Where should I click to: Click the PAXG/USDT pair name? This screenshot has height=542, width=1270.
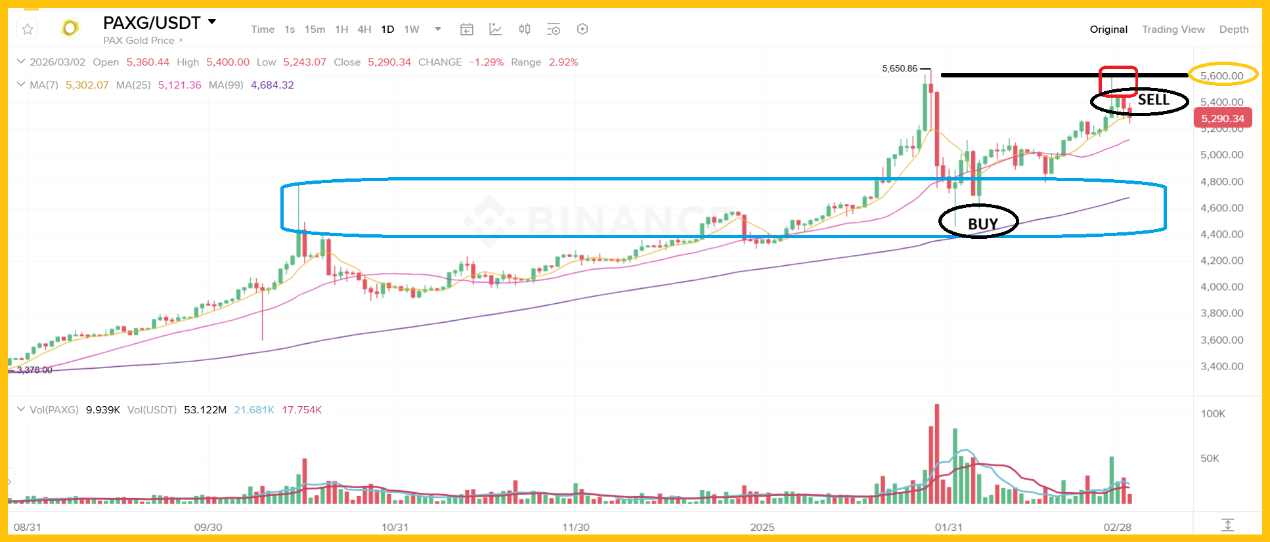tap(152, 23)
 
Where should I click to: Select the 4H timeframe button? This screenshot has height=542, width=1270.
tap(364, 30)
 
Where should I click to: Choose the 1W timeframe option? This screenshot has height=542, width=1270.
tap(412, 30)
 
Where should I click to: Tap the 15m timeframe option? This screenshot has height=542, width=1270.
tap(315, 30)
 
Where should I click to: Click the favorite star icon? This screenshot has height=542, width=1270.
tap(28, 30)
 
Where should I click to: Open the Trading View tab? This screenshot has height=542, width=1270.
tap(1173, 30)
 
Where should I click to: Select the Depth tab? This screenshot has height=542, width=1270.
tap(1233, 30)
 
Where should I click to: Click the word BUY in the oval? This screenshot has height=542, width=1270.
tap(982, 224)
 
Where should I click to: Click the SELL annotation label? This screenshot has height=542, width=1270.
tap(1153, 100)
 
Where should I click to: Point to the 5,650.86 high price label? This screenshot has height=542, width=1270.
tap(900, 68)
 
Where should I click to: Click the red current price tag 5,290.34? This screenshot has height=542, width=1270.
tap(1223, 119)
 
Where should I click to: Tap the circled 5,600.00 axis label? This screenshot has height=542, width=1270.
tap(1221, 75)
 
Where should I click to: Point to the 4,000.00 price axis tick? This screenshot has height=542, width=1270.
tap(1221, 287)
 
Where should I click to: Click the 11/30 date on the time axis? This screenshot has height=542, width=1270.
tap(576, 527)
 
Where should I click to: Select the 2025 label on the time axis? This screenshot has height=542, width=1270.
tap(762, 527)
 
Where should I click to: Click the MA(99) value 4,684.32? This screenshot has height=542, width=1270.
tap(272, 85)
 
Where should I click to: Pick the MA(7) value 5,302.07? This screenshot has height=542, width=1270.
tap(87, 85)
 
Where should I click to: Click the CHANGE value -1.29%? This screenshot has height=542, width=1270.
tap(486, 62)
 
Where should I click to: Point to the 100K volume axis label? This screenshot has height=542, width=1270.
tap(1213, 414)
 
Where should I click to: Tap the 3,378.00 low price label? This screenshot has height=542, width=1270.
tap(34, 370)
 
